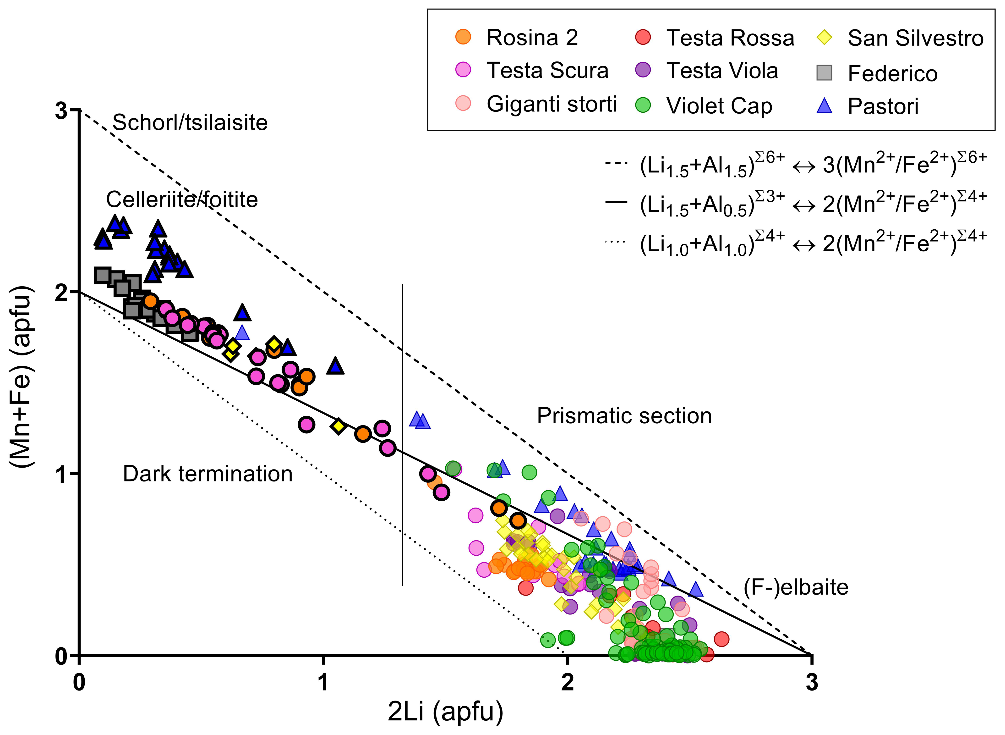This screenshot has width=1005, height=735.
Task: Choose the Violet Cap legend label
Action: [x=719, y=106]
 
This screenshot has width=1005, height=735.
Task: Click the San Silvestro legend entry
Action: [x=915, y=38]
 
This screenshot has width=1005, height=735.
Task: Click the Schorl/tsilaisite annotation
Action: [x=190, y=122]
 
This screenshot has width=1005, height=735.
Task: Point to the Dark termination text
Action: [x=208, y=474]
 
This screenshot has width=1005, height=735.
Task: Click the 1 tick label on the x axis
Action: [x=323, y=682]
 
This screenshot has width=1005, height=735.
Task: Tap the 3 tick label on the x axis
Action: [x=812, y=682]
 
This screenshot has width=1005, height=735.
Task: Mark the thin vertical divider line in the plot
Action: [x=402, y=436]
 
